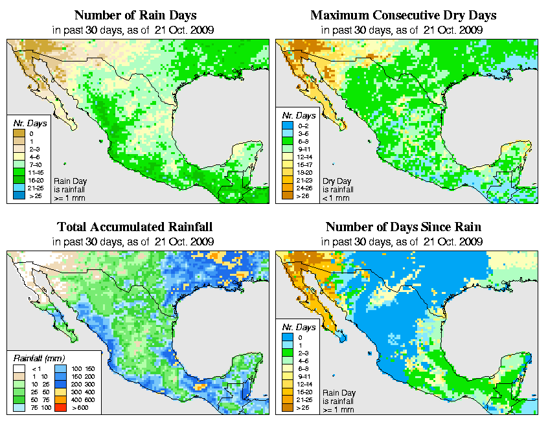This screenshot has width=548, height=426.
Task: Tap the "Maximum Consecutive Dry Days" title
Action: tap(404, 15)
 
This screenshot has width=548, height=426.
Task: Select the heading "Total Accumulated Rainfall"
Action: tap(134, 227)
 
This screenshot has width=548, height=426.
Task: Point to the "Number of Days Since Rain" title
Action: tap(404, 227)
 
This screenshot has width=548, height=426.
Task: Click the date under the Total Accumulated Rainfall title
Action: tap(190, 241)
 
